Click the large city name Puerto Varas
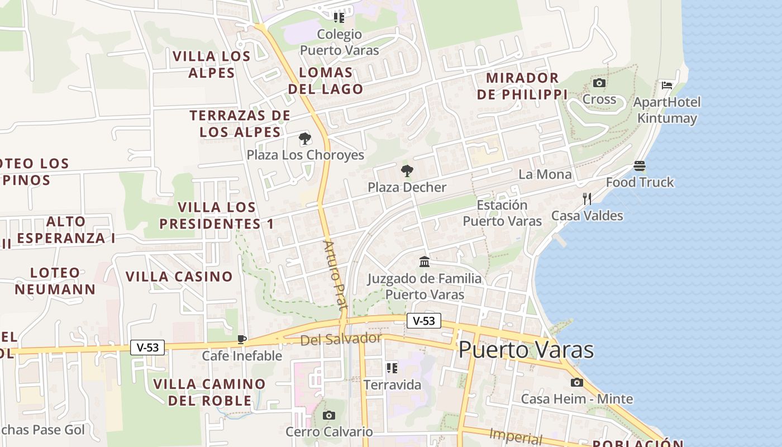(526, 350)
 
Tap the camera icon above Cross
(599, 83)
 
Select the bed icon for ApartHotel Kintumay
(666, 85)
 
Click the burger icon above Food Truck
(640, 166)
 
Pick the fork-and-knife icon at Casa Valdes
(586, 199)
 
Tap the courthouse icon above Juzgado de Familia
(425, 261)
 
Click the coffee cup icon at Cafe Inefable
(242, 339)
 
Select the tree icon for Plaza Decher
(407, 171)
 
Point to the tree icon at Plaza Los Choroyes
(305, 139)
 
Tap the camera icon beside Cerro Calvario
(329, 415)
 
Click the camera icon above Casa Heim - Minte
(577, 383)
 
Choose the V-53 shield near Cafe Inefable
(148, 348)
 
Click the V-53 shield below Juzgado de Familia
(424, 321)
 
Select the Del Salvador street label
(341, 339)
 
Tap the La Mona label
(545, 174)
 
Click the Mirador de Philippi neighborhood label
(522, 86)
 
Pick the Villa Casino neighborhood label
(179, 277)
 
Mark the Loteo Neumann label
(55, 281)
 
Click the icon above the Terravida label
(392, 368)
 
